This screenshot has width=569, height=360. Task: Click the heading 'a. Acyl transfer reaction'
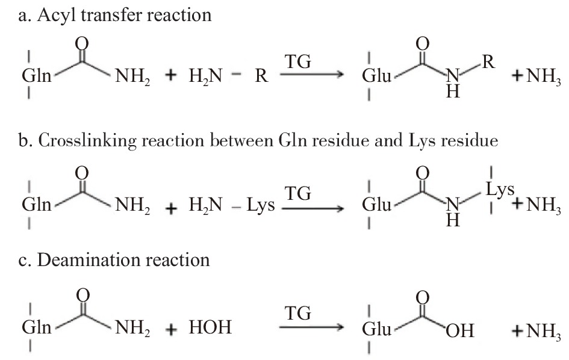[x=114, y=14]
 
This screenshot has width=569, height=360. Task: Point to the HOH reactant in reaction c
[x=211, y=329]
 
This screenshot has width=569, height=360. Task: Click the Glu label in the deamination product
[x=378, y=330]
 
